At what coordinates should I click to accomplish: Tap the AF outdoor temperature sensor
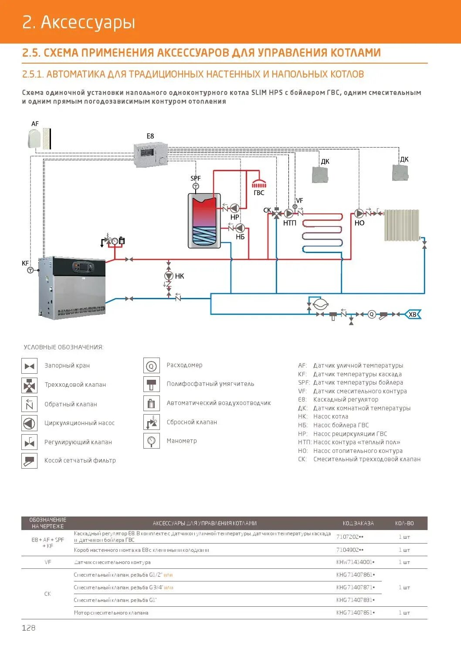[35, 139]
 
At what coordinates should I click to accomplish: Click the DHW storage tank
[204, 221]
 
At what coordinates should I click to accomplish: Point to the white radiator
[401, 225]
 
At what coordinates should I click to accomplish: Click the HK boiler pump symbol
[169, 276]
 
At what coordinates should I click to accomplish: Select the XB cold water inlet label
[412, 314]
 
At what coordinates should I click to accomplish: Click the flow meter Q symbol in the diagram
[371, 314]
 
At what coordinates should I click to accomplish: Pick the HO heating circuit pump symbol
[359, 213]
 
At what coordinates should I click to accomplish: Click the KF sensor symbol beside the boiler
[30, 270]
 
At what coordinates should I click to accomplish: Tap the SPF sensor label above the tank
[196, 178]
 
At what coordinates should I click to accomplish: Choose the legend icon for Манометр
[151, 441]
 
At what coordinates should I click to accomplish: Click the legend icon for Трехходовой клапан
[29, 385]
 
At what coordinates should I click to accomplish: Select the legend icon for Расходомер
[151, 366]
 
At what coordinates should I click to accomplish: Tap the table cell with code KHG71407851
[355, 613]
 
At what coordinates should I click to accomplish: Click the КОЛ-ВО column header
[404, 523]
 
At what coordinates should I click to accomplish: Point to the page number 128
[29, 628]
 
